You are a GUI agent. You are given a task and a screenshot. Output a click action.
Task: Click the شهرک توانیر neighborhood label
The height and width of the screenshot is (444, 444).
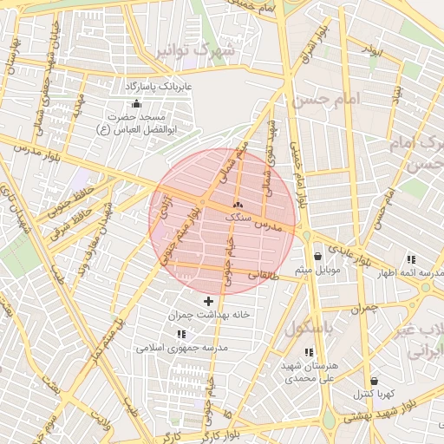coord(196,51)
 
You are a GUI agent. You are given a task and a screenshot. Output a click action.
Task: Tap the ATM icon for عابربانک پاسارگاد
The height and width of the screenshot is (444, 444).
coord(136,103)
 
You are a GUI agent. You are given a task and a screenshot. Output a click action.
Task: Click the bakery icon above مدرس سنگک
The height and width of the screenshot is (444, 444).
coord(238,206)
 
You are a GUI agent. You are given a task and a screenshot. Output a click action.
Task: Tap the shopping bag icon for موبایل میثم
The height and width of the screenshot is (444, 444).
coord(318,257)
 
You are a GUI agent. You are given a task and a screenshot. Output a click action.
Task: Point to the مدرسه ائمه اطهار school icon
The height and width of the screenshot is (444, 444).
coord(410,259)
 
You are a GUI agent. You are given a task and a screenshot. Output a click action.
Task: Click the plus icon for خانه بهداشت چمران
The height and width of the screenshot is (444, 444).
coord(207,301)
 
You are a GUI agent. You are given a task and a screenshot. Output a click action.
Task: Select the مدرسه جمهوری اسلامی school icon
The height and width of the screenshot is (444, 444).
coord(181,334)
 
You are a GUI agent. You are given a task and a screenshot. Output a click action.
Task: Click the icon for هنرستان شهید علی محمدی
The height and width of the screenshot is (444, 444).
coord(284,352)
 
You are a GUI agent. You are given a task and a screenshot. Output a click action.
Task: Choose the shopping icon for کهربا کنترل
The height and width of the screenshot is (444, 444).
coord(374,381)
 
